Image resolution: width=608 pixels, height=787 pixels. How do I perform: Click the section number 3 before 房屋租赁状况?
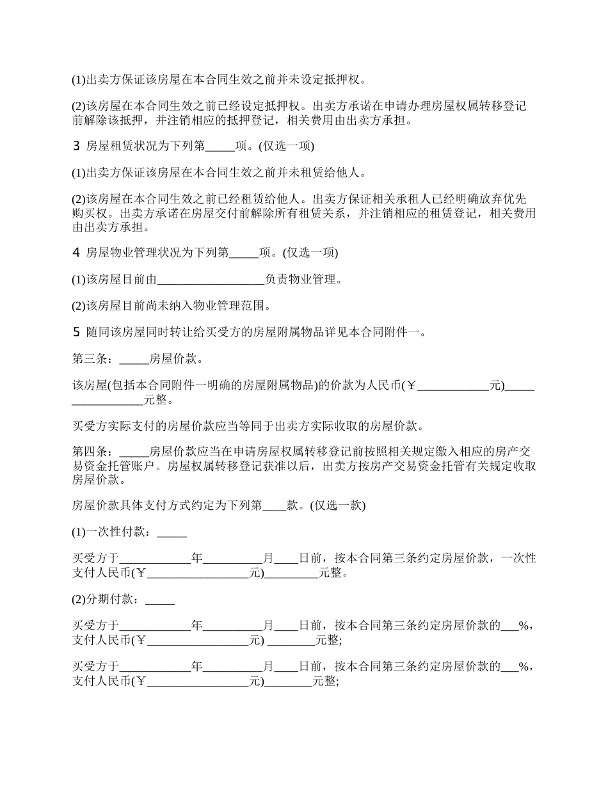pyautogui.click(x=76, y=147)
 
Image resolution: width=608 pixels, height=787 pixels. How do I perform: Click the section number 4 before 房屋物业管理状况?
pyautogui.click(x=76, y=253)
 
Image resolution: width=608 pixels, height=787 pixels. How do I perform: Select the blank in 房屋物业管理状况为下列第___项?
pyautogui.click(x=243, y=253)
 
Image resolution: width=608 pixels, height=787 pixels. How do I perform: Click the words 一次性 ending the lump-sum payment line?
pyautogui.click(x=519, y=559)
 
